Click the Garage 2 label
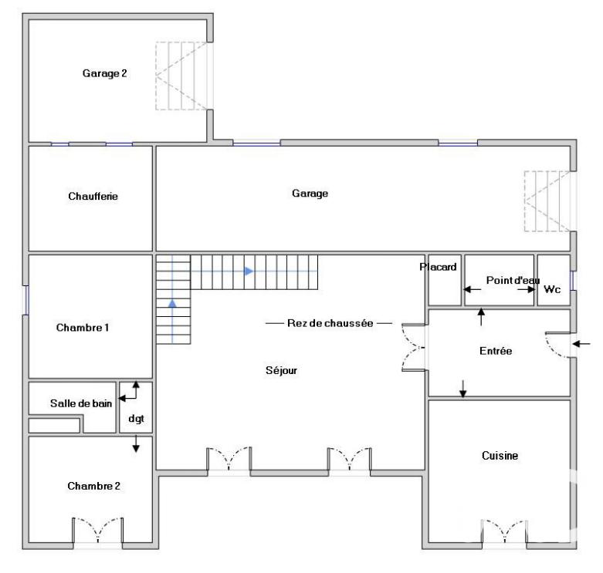(104, 74)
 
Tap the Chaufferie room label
(93, 197)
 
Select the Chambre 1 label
(83, 328)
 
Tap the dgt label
(137, 420)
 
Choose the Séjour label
(281, 370)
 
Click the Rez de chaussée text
(330, 324)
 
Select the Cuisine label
(499, 456)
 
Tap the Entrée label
(496, 351)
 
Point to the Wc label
(552, 290)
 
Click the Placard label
(439, 268)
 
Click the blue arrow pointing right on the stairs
(248, 271)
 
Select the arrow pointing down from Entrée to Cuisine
(463, 389)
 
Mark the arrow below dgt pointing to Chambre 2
(137, 444)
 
